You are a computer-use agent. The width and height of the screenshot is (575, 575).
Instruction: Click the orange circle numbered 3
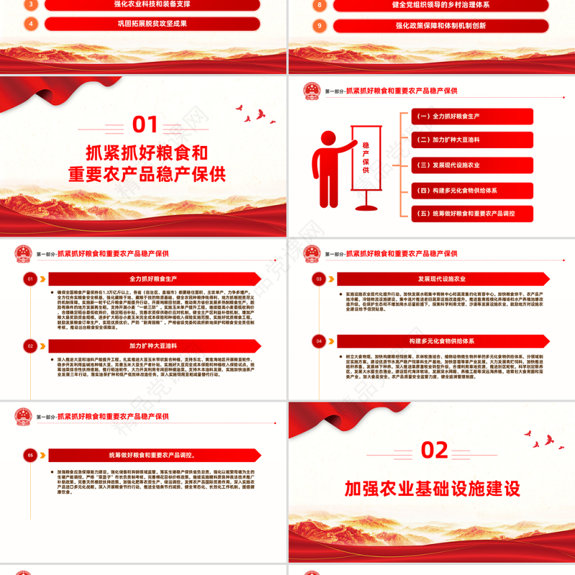(x=31, y=4)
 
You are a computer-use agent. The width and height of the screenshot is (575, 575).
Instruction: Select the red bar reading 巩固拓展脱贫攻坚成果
(x=152, y=24)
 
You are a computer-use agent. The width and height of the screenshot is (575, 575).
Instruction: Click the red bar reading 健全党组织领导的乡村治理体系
(x=441, y=5)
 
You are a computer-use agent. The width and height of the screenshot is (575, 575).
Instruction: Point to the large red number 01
(x=146, y=125)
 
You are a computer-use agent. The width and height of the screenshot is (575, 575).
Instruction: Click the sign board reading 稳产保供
(x=366, y=156)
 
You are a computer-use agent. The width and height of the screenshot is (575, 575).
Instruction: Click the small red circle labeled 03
(x=318, y=279)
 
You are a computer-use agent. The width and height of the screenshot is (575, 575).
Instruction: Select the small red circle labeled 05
(x=30, y=455)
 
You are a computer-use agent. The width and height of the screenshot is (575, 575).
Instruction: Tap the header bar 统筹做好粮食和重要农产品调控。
(x=153, y=455)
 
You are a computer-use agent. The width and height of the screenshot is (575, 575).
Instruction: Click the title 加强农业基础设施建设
(x=432, y=489)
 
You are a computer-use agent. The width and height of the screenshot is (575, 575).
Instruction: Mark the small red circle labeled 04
(x=318, y=341)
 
